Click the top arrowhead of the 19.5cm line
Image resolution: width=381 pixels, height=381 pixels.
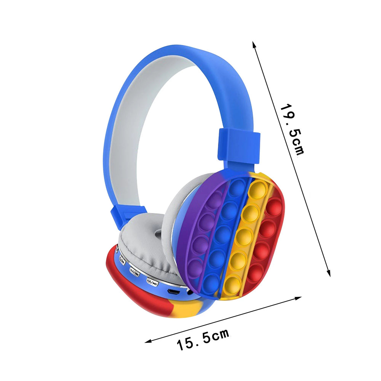click(x=254, y=45)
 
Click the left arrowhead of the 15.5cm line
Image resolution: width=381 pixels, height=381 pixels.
click(x=149, y=341)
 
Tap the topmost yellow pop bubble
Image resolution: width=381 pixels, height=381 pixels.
click(x=257, y=189)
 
